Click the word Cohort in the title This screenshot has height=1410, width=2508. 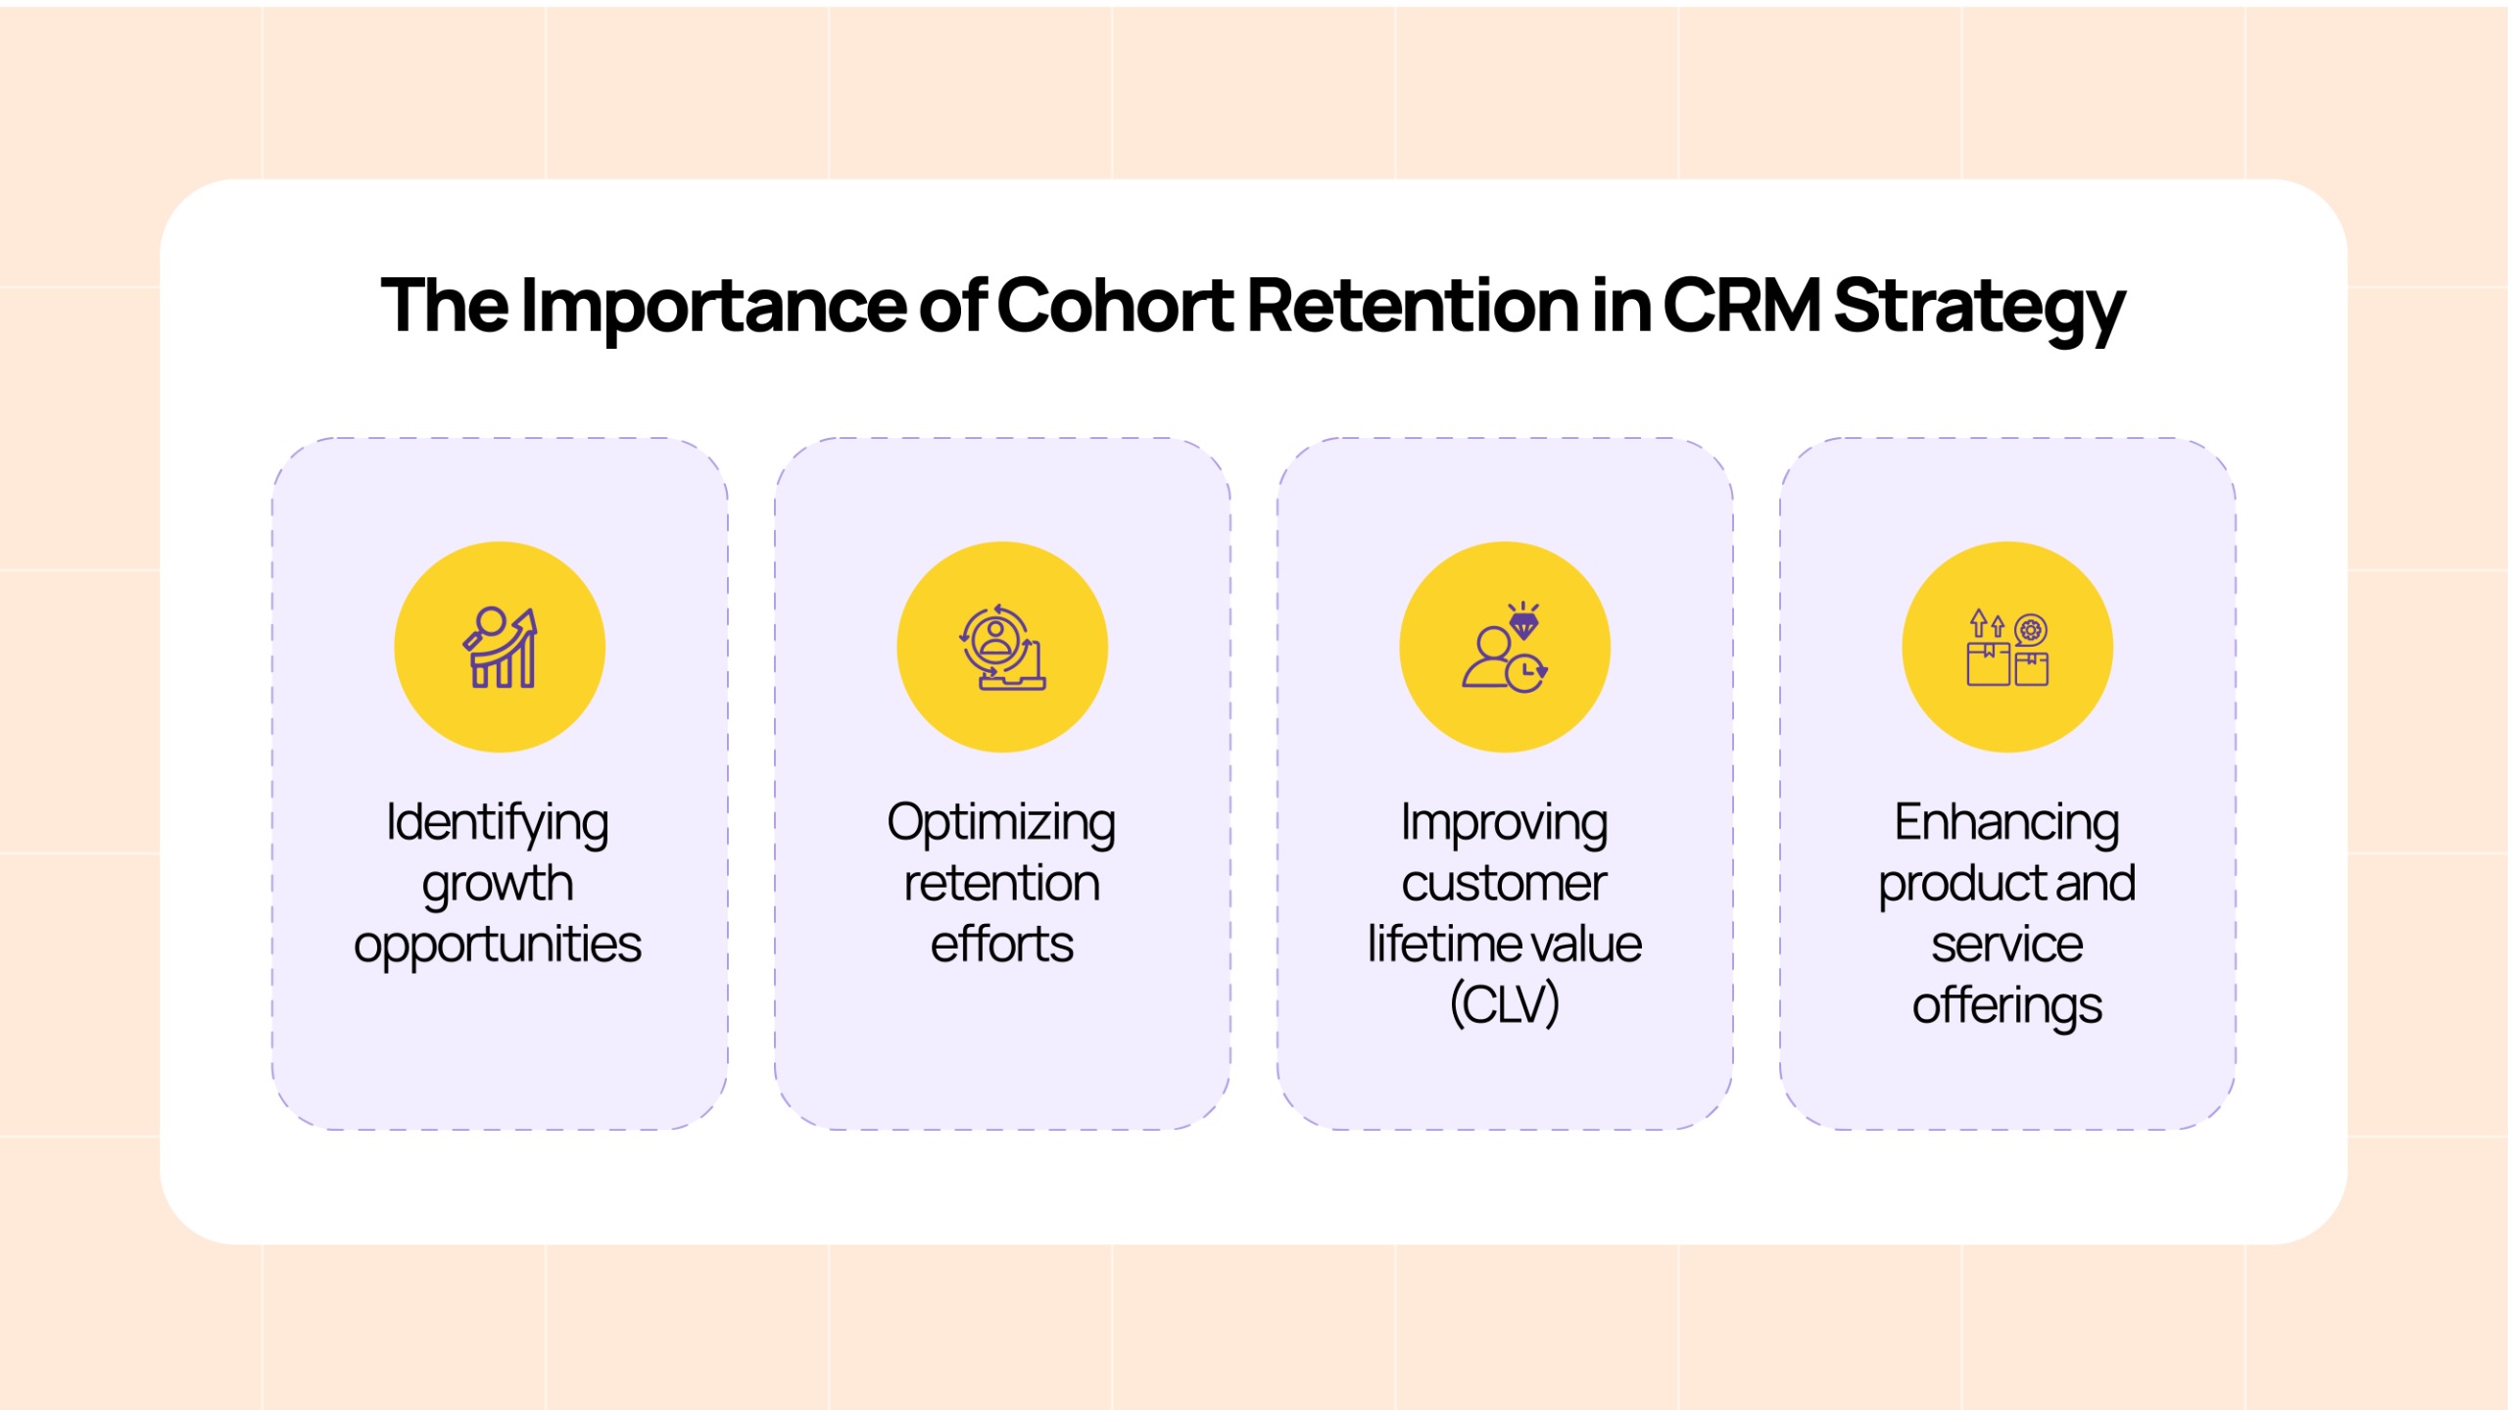[x=1115, y=305]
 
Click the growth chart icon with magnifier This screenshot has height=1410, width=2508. [x=501, y=648]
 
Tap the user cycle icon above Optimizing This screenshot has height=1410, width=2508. [x=1002, y=648]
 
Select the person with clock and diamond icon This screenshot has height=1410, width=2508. [x=1505, y=648]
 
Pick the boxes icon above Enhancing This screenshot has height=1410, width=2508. [x=2007, y=648]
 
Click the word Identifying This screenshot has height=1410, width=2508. [x=498, y=823]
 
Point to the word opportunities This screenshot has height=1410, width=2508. [x=498, y=946]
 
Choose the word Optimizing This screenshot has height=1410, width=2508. [x=1001, y=823]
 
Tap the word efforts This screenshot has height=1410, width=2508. [x=1001, y=944]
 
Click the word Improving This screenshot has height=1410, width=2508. [x=1505, y=823]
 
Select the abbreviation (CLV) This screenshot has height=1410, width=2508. [x=1505, y=1004]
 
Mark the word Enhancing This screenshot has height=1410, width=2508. [x=2007, y=823]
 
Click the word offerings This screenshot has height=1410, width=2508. [x=2007, y=1006]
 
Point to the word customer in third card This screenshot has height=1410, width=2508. [x=1505, y=884]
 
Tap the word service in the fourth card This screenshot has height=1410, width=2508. [x=2007, y=945]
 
